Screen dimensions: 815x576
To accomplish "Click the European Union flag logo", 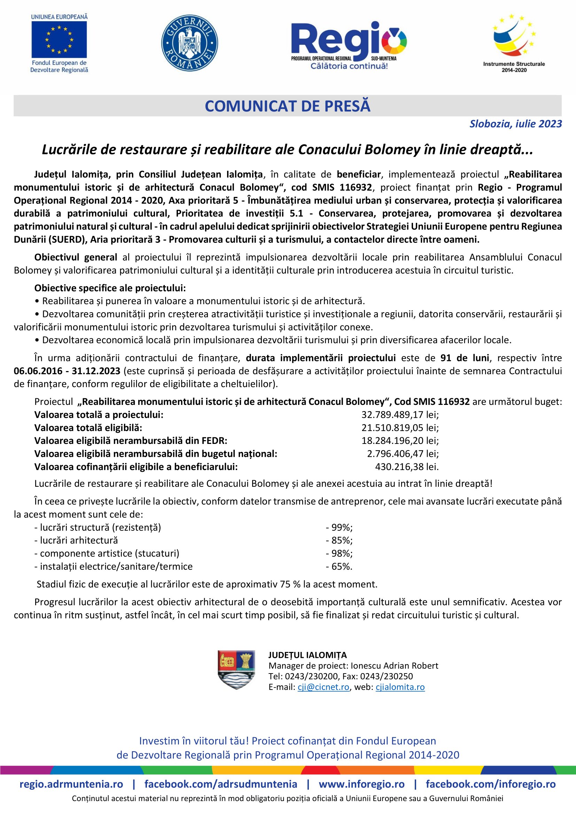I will coord(59,39).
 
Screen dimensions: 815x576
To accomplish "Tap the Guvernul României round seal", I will coord(189,43).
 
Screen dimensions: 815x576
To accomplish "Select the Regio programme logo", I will coord(349,45).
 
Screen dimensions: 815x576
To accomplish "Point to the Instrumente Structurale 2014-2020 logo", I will coord(514,43).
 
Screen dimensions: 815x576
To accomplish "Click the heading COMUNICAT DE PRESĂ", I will coord(288,106).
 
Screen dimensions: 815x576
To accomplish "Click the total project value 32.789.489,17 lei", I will coord(400,415).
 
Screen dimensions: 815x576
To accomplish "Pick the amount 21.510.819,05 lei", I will coord(400,428).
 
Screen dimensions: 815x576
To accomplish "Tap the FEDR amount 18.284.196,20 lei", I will coord(400,440).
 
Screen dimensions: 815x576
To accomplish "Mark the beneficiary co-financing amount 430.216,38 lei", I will coord(407,467).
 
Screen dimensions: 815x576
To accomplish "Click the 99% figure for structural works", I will coord(340,528).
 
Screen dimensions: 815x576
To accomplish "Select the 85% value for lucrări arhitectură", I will coord(340,540).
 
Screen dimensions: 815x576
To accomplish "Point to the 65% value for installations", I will coord(340,567).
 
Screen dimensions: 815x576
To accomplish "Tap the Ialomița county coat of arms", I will coord(236,669).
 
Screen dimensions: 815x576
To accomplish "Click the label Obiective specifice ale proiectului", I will coord(110,288).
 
